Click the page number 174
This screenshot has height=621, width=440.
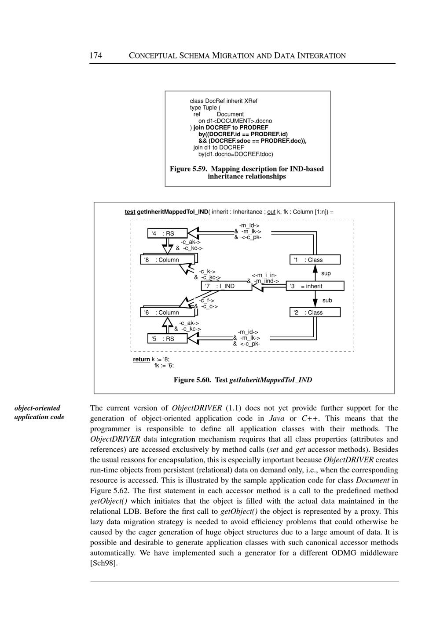96,55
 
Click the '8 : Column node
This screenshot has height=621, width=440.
169,260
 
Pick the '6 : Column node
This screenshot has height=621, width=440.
169,312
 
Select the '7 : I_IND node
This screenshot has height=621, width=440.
226,286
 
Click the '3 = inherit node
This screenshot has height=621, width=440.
315,286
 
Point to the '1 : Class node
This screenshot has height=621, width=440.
315,260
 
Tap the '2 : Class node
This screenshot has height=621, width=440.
315,312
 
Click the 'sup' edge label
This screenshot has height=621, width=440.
326,273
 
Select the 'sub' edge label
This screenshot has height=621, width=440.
327,301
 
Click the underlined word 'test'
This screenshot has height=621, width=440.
130,212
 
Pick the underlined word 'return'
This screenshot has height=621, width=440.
141,360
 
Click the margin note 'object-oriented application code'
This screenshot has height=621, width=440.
39,412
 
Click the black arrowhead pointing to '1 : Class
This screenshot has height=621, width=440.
315,269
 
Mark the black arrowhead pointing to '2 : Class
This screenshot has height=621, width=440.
315,303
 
